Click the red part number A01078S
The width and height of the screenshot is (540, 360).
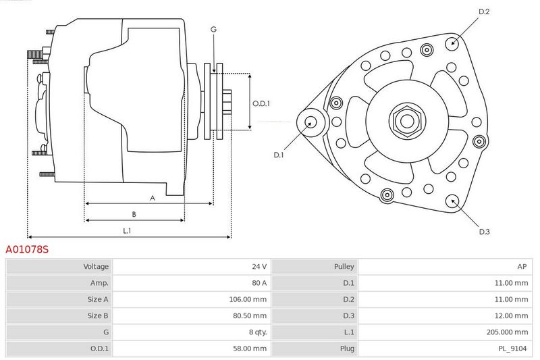click(27, 249)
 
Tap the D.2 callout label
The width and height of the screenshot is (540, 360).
click(484, 11)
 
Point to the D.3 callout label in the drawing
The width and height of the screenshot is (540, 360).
click(484, 232)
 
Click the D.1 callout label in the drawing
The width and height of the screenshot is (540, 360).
click(278, 155)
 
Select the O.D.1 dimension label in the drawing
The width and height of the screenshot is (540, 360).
click(261, 104)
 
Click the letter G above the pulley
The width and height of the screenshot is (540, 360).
click(213, 30)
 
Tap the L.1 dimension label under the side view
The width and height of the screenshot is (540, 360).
click(127, 231)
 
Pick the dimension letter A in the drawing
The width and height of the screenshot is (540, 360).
click(153, 198)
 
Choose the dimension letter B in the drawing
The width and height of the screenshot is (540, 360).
click(134, 214)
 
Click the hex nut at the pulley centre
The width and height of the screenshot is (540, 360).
click(407, 121)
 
